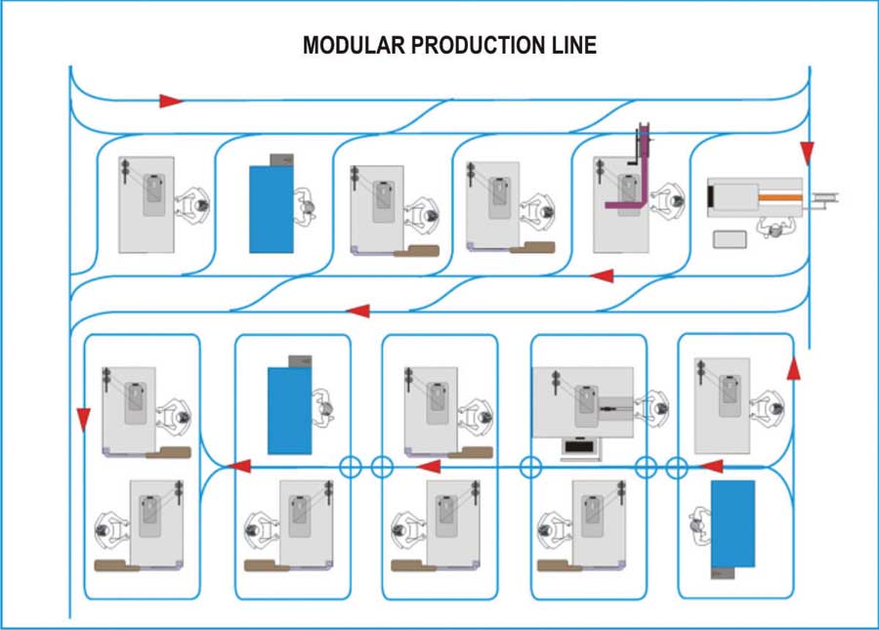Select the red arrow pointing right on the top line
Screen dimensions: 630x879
(171, 101)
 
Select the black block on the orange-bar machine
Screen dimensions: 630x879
(710, 197)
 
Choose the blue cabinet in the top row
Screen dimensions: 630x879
(272, 209)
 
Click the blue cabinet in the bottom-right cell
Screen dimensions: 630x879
(732, 523)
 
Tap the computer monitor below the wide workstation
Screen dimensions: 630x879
(580, 448)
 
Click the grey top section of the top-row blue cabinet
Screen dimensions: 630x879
(282, 158)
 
